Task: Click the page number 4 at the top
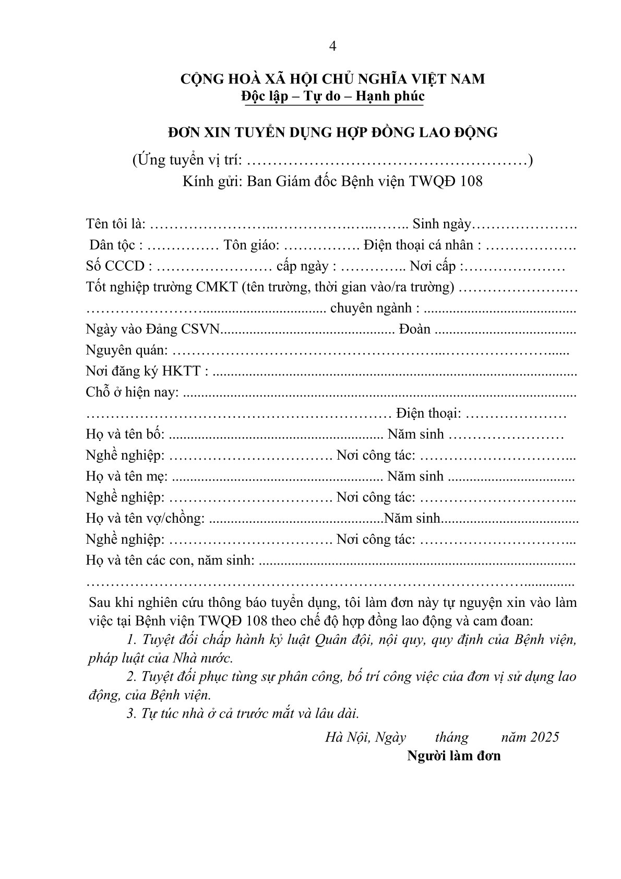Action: click(333, 46)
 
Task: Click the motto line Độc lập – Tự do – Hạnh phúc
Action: click(332, 96)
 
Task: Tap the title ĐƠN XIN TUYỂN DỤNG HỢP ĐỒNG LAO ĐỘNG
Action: click(332, 133)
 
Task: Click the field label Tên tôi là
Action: click(115, 224)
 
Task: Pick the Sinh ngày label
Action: click(441, 224)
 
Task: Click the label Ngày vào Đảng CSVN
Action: click(153, 330)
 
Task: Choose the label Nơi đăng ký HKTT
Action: click(146, 371)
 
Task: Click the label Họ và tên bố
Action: click(125, 435)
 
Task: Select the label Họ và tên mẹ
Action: click(126, 476)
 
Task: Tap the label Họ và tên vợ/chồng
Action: click(145, 519)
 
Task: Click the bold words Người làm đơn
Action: click(454, 756)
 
